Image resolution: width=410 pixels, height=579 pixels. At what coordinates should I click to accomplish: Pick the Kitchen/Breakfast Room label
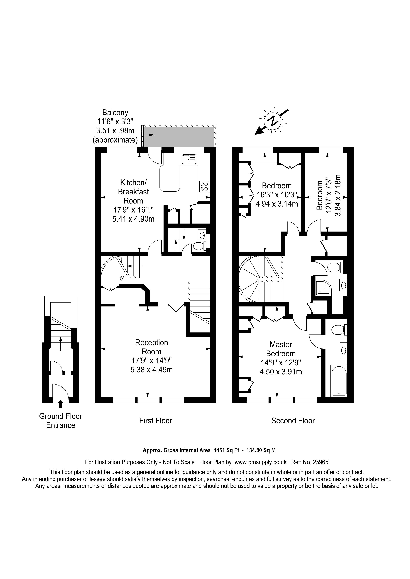[x=133, y=192]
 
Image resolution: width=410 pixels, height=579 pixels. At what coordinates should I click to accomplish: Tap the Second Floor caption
[x=293, y=421]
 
